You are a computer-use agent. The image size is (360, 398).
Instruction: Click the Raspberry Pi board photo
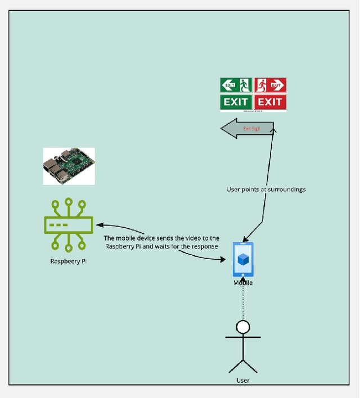[69, 166]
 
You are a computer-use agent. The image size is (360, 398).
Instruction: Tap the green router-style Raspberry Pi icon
[68, 225]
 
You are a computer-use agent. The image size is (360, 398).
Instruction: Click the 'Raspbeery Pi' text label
[68, 261]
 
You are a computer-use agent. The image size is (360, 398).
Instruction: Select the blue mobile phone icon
[243, 259]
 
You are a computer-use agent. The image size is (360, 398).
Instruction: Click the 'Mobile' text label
[243, 283]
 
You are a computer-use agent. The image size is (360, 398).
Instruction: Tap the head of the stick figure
[243, 327]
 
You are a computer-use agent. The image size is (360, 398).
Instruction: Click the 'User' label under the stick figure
[243, 381]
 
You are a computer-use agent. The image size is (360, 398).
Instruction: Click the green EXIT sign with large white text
[236, 102]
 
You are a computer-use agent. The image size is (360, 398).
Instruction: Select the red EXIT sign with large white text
[270, 102]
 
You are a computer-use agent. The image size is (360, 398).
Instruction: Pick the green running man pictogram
[244, 85]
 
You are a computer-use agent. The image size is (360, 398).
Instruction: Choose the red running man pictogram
[262, 85]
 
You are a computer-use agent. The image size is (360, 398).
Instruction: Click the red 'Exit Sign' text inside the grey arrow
[251, 129]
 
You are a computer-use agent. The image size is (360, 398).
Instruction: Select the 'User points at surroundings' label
[266, 189]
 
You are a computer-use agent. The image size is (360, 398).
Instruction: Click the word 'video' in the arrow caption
[186, 239]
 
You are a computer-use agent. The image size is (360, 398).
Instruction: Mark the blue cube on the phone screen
[243, 259]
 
